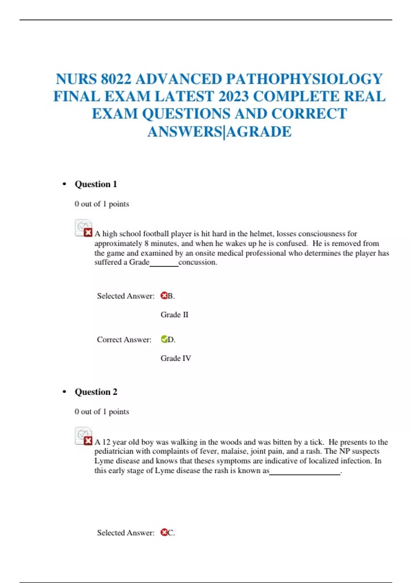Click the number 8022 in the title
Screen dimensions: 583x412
[x=116, y=79]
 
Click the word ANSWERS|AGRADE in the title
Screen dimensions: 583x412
[x=219, y=132]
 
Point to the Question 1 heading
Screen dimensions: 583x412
[x=96, y=184]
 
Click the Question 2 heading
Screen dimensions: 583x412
[x=96, y=392]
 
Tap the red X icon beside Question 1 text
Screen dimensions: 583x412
[x=88, y=233]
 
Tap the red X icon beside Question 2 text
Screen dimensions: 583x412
[x=88, y=440]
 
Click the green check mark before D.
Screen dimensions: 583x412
[x=164, y=339]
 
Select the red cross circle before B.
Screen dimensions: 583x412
[x=164, y=296]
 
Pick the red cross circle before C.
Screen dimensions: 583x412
[x=164, y=532]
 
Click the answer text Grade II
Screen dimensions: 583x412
[x=174, y=314]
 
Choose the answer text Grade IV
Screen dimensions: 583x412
[x=176, y=358]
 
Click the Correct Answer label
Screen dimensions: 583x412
[x=124, y=340]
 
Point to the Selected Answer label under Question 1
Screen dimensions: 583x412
[x=126, y=296]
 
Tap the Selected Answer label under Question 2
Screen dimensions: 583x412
[x=126, y=533]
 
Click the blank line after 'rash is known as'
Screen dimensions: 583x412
[x=305, y=473]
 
